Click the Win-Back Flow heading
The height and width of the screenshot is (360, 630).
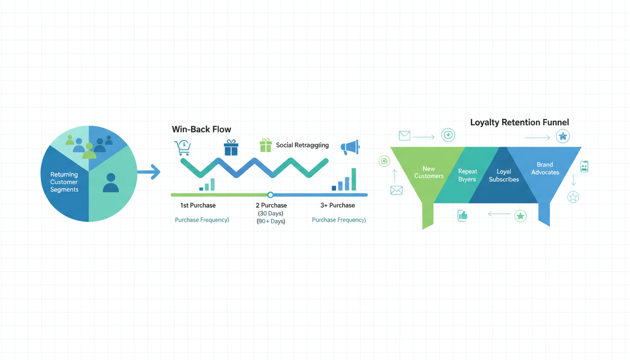pyautogui.click(x=202, y=129)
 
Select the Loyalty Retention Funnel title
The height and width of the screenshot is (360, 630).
pyautogui.click(x=519, y=122)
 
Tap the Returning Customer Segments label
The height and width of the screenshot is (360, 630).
pyautogui.click(x=64, y=182)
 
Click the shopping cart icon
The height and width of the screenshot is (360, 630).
pyautogui.click(x=182, y=148)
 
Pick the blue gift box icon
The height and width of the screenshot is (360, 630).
pyautogui.click(x=231, y=148)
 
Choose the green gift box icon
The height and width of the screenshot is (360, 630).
pyautogui.click(x=266, y=145)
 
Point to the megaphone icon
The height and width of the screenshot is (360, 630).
pyautogui.click(x=350, y=147)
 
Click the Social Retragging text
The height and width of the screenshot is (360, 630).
pyautogui.click(x=302, y=145)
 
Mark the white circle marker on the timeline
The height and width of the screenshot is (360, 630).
pyautogui.click(x=270, y=195)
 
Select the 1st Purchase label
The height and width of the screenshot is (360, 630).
pyautogui.click(x=198, y=205)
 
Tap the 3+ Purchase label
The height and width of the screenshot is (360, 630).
pyautogui.click(x=337, y=205)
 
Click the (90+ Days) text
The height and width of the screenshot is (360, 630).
pyautogui.click(x=271, y=221)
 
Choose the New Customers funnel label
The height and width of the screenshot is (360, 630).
pyautogui.click(x=429, y=172)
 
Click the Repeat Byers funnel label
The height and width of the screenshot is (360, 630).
pyautogui.click(x=467, y=175)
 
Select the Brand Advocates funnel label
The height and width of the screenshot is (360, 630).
pyautogui.click(x=545, y=168)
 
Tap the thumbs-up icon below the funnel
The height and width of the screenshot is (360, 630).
pyautogui.click(x=463, y=216)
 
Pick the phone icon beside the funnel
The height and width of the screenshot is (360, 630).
pyautogui.click(x=584, y=166)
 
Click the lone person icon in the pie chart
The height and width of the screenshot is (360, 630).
pyautogui.click(x=111, y=183)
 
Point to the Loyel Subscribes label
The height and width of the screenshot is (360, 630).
pyautogui.click(x=504, y=175)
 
